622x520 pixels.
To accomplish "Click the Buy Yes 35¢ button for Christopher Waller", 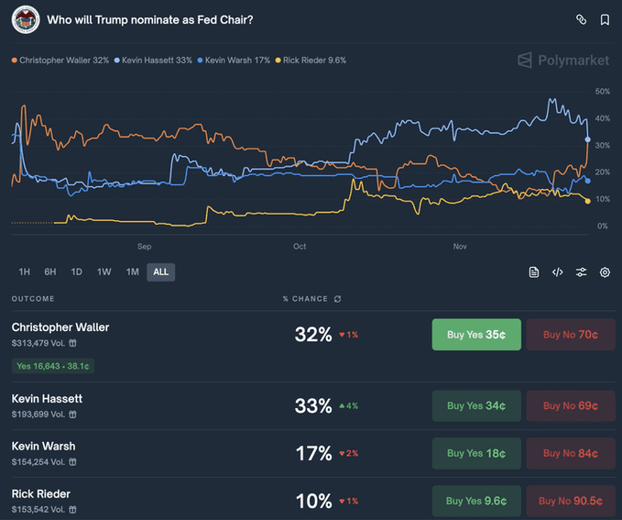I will tap(476, 335).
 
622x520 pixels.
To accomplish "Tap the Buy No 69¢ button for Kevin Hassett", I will tap(570, 405).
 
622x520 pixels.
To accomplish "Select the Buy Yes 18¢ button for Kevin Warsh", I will tap(476, 453).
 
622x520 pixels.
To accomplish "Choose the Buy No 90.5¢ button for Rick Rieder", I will tap(570, 501).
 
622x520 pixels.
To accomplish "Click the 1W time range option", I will tap(104, 271).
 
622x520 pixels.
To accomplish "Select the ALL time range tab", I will tap(160, 271).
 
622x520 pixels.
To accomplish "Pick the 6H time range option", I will tap(50, 271).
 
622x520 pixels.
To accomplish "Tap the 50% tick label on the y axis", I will tap(602, 92).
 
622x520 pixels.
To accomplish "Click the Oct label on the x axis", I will tap(300, 247).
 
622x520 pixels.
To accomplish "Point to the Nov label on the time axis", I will tap(461, 247).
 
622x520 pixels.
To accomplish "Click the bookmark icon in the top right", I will tap(605, 19).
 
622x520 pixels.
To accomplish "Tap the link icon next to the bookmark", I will tap(581, 19).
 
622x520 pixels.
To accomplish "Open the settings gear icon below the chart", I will tap(605, 272).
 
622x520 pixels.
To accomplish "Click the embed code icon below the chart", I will tap(557, 272).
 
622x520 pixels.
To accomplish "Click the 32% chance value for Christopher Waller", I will tap(313, 335).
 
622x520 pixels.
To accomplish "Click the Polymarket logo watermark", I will tap(562, 61).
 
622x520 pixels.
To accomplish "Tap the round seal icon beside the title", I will tap(25, 19).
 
